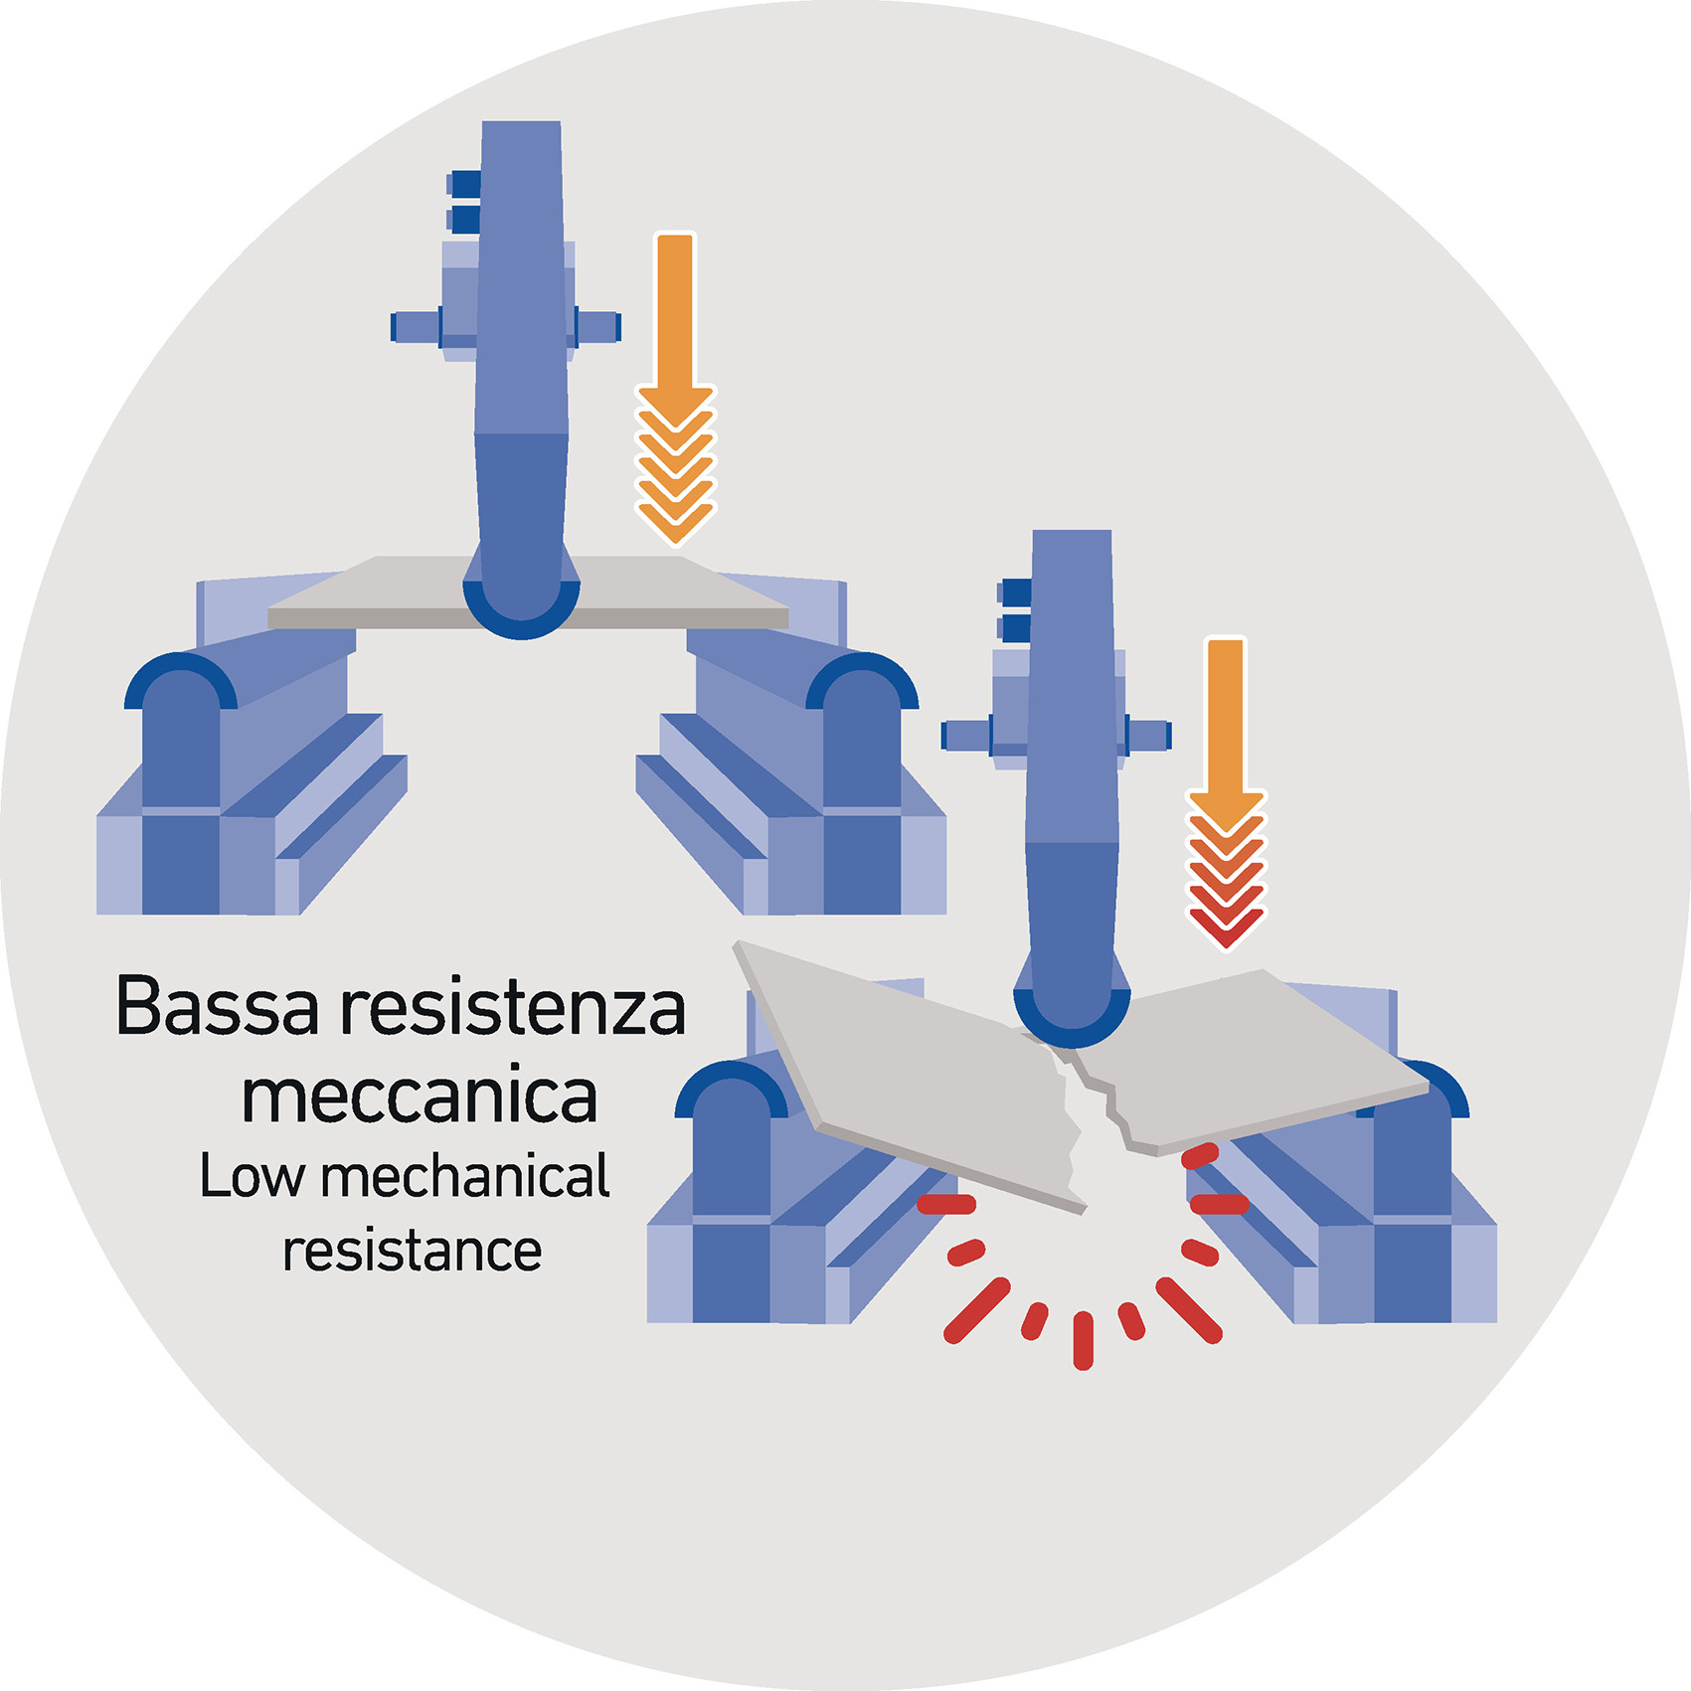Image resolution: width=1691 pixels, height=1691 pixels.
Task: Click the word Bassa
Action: click(x=218, y=1007)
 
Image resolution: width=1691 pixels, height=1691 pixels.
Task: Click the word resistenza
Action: click(x=513, y=1007)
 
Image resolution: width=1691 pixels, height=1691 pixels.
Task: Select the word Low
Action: click(x=252, y=1176)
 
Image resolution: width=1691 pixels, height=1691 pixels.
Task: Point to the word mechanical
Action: click(x=465, y=1176)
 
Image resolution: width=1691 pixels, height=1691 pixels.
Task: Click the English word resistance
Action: click(x=412, y=1251)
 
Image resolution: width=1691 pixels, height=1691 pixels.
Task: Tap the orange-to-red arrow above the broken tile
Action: click(x=1226, y=795)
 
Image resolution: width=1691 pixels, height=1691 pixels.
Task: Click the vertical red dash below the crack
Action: click(x=1084, y=1340)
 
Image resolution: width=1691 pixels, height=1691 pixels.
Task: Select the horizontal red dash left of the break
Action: click(x=945, y=1205)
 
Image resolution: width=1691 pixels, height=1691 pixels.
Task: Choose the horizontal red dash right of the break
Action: click(x=1219, y=1205)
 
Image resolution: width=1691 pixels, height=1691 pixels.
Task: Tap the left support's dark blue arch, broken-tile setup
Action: click(x=731, y=1081)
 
